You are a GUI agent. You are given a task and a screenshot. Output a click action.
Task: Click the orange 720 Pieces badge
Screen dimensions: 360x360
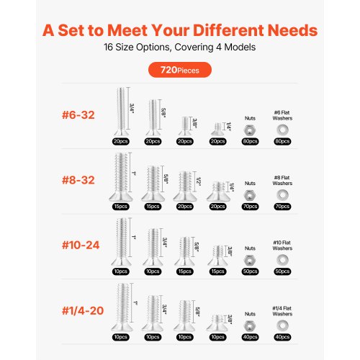coord(180,70)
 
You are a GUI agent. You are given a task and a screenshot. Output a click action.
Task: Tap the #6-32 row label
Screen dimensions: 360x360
coord(78,115)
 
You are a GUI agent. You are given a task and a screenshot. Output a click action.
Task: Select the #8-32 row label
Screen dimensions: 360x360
coord(78,180)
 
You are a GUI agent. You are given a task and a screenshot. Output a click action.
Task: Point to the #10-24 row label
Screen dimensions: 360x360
coord(81,245)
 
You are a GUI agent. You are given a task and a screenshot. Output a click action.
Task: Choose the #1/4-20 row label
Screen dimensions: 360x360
coord(83,310)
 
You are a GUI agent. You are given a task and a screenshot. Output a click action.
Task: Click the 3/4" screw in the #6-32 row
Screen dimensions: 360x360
coord(121,112)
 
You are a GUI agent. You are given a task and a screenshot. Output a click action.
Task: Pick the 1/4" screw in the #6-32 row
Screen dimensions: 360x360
coord(217,130)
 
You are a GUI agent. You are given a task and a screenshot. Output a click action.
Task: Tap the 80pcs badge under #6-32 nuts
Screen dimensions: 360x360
coord(250,141)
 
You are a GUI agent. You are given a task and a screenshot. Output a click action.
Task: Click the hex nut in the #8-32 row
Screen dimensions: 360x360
coord(250,195)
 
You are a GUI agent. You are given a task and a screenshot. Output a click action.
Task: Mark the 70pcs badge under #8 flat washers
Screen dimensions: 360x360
coord(282,207)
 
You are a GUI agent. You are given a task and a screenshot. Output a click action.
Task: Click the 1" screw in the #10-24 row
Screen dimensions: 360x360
coord(121,242)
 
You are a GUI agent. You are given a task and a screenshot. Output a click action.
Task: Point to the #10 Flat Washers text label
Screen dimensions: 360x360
coord(282,246)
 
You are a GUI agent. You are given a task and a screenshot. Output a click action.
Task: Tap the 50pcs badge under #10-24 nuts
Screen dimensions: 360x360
coord(250,271)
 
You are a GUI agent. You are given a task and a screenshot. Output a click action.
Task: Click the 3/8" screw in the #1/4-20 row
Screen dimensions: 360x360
coord(217,323)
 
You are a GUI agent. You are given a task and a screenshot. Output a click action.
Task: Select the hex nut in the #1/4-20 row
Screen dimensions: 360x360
coord(250,325)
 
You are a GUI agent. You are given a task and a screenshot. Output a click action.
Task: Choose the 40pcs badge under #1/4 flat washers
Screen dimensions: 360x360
coord(282,337)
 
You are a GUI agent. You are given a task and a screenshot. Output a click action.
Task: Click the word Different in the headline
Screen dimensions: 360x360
coord(228,30)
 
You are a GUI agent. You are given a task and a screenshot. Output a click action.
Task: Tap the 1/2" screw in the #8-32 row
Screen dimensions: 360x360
coord(185,186)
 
